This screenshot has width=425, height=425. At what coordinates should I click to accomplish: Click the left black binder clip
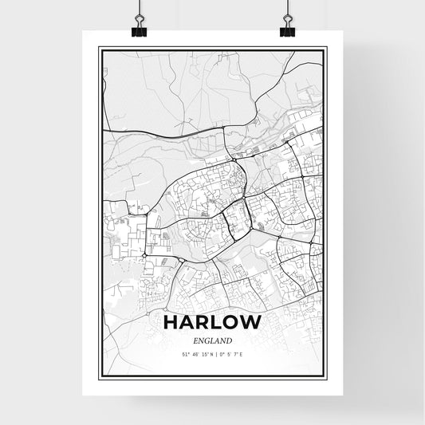[x=140, y=30]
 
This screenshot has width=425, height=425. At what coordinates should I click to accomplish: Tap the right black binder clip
[x=287, y=30]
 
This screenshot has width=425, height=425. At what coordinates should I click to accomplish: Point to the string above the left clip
[x=139, y=8]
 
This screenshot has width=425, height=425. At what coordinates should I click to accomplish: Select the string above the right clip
[x=287, y=8]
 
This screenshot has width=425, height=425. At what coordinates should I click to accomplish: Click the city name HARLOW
[x=212, y=323]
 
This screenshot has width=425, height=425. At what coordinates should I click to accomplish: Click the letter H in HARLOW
[x=171, y=323]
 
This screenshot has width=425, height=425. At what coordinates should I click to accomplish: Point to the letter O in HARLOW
[x=232, y=323]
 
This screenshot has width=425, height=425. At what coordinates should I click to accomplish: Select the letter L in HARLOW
[x=216, y=323]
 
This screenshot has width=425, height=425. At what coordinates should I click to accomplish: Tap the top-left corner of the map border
[x=100, y=48]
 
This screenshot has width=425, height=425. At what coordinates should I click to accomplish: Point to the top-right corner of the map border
[x=325, y=48]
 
